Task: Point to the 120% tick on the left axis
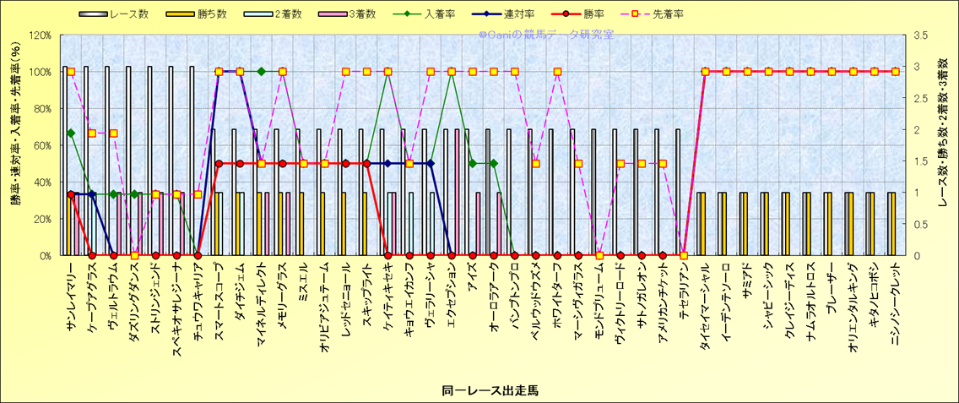tap(40, 35)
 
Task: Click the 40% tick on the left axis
tap(42, 182)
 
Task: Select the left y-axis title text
tap(14, 144)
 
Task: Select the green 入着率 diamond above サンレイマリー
tap(71, 133)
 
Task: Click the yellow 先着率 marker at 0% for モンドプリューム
tap(599, 255)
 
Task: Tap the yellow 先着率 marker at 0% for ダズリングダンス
tap(134, 255)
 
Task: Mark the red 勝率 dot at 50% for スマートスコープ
tap(219, 164)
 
